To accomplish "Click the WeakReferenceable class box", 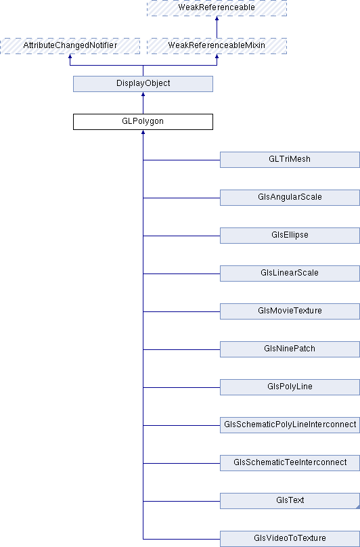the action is click(x=217, y=7).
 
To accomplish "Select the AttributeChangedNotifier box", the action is click(x=70, y=46).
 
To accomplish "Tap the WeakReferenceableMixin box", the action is click(x=217, y=46).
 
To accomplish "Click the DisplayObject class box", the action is click(x=143, y=84).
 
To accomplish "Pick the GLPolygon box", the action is click(x=143, y=122).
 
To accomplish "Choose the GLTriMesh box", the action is click(x=290, y=160).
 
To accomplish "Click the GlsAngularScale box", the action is click(x=290, y=198).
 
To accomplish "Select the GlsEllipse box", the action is click(x=290, y=236).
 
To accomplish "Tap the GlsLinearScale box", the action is click(x=290, y=273).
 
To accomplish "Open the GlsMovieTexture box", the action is click(x=290, y=311).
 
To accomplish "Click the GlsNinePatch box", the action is click(x=290, y=349).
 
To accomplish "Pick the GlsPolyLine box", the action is click(x=290, y=387).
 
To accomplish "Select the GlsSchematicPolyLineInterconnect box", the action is click(x=290, y=425).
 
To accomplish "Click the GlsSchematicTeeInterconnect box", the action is click(x=290, y=463).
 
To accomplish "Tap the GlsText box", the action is click(x=290, y=501).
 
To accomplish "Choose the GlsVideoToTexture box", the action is click(x=290, y=539).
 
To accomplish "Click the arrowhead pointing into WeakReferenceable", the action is click(x=217, y=18).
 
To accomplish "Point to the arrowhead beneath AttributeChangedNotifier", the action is click(x=70, y=56).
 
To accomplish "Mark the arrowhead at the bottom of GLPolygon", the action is click(x=143, y=132).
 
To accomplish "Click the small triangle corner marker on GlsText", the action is click(x=358, y=507).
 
